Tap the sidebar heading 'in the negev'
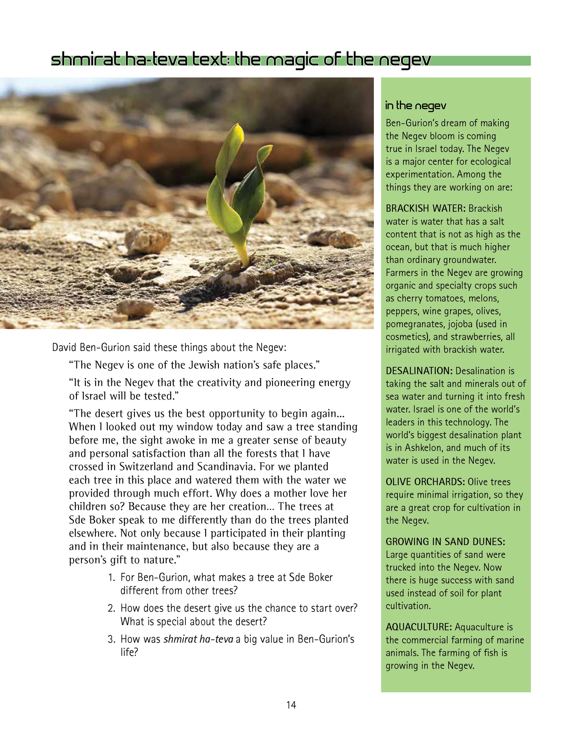click(x=415, y=105)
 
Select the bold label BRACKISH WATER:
click(x=426, y=208)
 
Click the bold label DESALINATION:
click(x=419, y=371)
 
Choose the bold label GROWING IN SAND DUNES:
click(x=445, y=542)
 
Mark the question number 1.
click(x=111, y=577)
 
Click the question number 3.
click(x=111, y=639)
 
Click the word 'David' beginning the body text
click(x=65, y=347)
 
